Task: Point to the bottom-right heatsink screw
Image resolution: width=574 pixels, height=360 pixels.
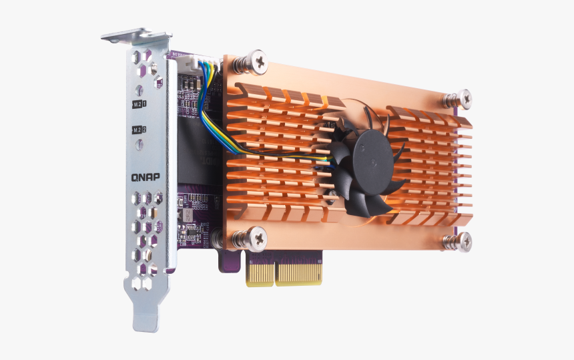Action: [461, 242]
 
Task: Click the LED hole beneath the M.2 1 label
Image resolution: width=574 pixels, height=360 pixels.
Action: [139, 117]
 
